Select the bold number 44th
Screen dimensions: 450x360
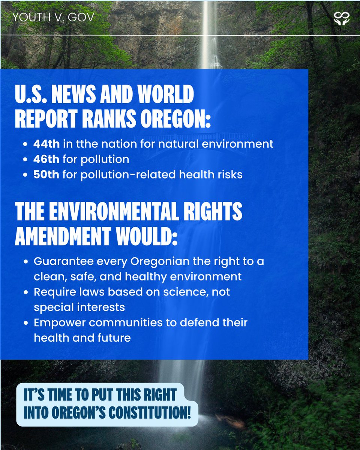(x=44, y=144)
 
